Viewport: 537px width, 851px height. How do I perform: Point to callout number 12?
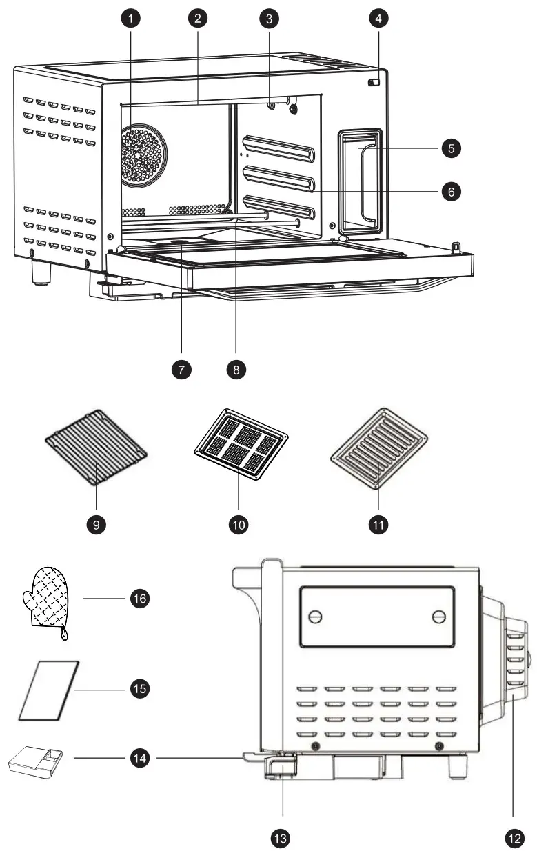[x=514, y=838]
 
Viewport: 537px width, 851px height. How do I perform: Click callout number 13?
[x=279, y=838]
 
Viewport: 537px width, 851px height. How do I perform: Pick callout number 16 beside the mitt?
[x=139, y=598]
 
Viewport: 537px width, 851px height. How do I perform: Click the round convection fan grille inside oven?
[x=143, y=156]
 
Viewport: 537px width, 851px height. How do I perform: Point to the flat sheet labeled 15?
[x=49, y=690]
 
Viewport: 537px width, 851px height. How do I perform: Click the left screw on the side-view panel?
[x=316, y=617]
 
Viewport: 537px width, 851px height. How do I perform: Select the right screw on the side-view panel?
[x=438, y=617]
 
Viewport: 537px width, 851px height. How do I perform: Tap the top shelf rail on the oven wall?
[x=279, y=148]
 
